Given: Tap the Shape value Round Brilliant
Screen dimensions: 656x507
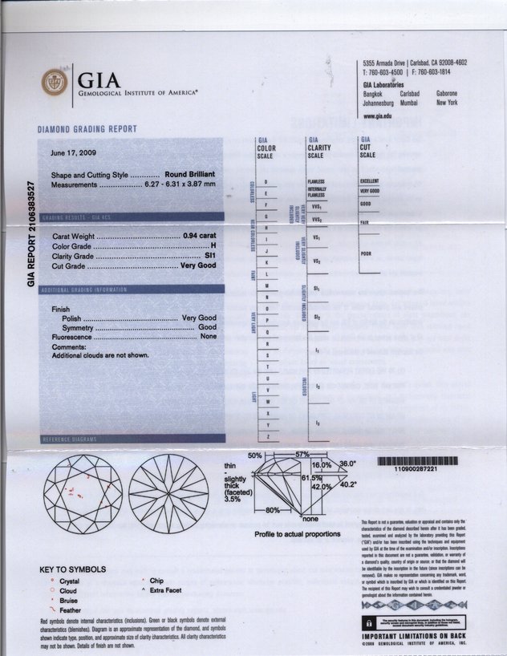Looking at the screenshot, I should (x=190, y=174).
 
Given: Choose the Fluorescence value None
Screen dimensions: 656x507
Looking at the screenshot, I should (x=209, y=336).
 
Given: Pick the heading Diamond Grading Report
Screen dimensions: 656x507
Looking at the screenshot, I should (x=87, y=129).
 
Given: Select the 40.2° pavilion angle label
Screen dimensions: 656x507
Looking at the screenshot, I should (x=348, y=484).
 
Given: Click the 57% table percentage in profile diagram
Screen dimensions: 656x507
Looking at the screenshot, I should (x=302, y=455).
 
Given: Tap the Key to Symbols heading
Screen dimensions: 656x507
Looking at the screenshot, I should (x=72, y=569).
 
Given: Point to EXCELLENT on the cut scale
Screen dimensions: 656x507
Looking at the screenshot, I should (x=370, y=181).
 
